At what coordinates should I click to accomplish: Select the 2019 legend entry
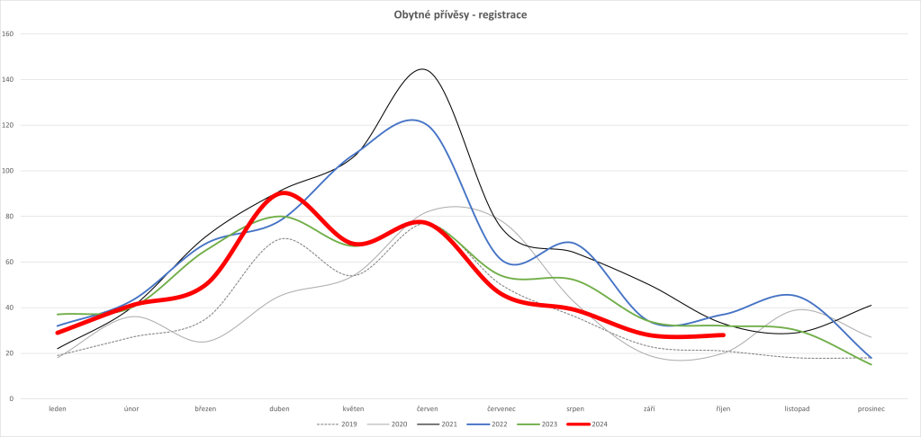(344, 424)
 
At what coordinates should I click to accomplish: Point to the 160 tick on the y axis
(9, 34)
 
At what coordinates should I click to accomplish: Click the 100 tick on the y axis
(9, 171)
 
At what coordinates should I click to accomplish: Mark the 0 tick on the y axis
(11, 398)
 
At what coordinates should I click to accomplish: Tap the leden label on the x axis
(57, 409)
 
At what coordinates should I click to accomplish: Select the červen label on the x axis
(428, 409)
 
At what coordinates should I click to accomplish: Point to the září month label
(649, 409)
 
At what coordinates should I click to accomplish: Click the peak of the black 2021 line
(422, 69)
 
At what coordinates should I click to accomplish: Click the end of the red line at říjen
(723, 334)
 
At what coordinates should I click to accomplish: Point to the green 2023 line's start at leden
(57, 314)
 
